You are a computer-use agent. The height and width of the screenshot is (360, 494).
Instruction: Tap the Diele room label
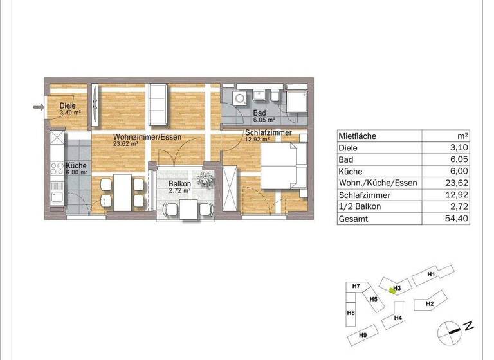click(68, 106)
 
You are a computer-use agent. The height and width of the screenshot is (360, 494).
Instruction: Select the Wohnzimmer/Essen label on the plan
click(147, 138)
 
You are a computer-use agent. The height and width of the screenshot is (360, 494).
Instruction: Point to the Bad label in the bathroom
click(259, 113)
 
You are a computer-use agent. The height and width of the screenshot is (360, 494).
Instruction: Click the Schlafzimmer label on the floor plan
click(268, 133)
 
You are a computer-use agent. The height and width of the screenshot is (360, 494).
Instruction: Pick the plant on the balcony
click(205, 180)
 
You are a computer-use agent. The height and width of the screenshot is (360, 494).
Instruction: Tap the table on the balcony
click(187, 210)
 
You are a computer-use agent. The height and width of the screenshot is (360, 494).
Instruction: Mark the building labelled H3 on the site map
click(396, 287)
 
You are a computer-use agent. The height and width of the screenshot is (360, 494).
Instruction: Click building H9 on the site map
click(363, 335)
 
